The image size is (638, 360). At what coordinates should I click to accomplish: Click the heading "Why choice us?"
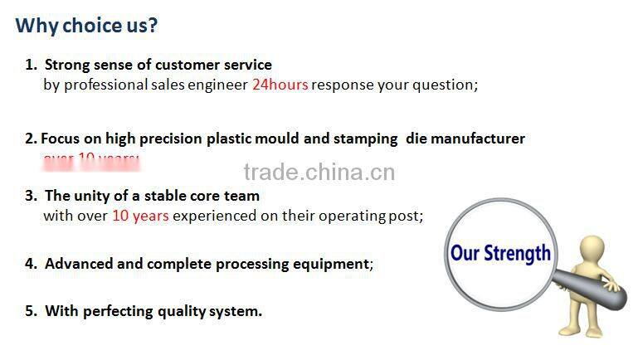86,26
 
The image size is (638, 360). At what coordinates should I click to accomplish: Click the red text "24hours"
280,85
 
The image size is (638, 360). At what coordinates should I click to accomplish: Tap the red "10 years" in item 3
140,216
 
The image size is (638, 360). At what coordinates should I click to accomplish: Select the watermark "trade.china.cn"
319,173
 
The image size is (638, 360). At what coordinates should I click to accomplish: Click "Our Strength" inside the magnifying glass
500,252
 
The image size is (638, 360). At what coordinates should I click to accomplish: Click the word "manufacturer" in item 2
476,139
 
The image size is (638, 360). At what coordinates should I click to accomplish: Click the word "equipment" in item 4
329,264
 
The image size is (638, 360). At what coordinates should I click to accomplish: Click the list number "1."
32,64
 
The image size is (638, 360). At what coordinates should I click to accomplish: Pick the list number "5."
32,311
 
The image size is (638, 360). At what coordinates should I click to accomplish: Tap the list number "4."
32,264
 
